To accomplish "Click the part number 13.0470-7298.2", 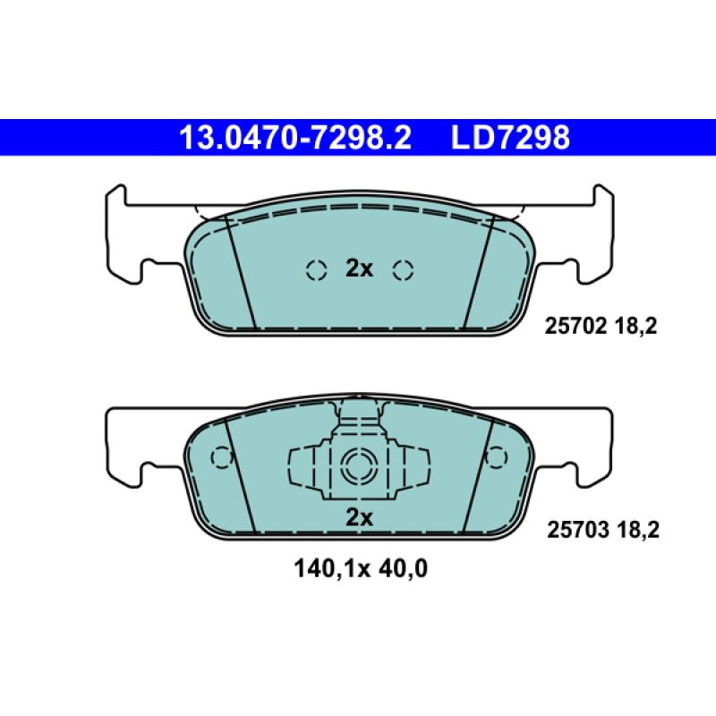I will click(296, 138).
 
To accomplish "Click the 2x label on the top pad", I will click(359, 268).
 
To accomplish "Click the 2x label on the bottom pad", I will click(359, 517).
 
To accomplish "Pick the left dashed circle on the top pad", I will click(315, 268).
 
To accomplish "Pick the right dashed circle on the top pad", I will click(403, 268).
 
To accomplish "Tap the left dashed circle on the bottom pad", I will click(220, 457).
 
